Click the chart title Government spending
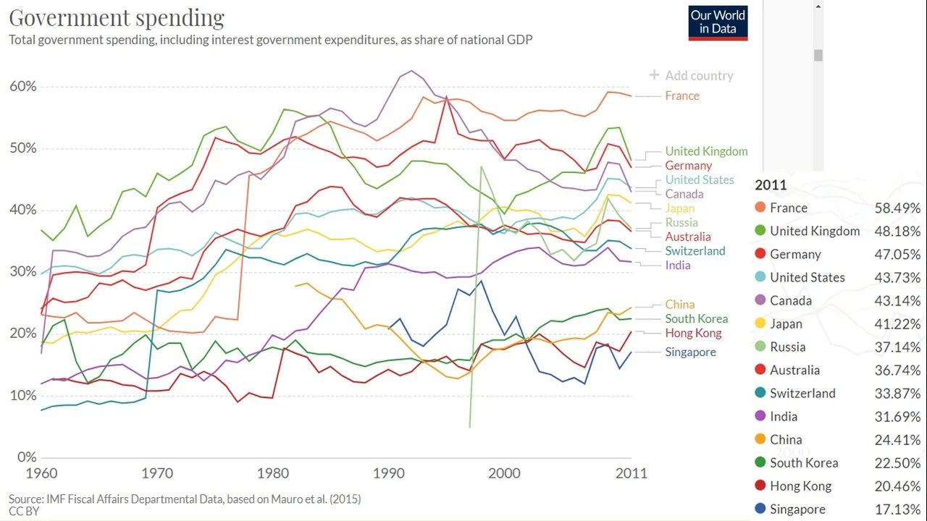(117, 17)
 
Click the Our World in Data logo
(718, 22)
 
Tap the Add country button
(692, 75)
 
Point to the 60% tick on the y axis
(22, 87)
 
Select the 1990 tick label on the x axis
(389, 473)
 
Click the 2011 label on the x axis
(632, 473)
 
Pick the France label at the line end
(682, 96)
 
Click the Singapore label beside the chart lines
(690, 352)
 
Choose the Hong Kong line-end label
(693, 333)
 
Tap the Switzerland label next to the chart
(695, 250)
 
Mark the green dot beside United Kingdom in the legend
(760, 231)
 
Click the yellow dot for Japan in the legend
(760, 323)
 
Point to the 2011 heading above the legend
(771, 185)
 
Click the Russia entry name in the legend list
(787, 347)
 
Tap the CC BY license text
(24, 511)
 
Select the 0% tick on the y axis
(27, 457)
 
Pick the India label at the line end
(678, 265)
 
